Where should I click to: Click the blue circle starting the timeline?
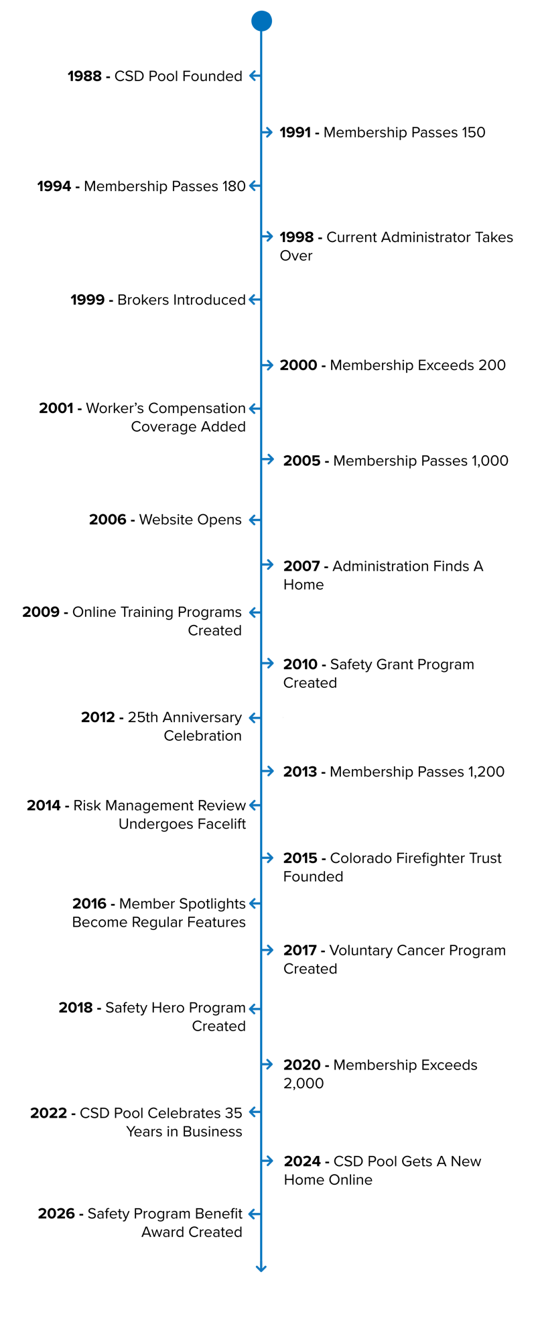pyautogui.click(x=261, y=21)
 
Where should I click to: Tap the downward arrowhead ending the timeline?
pyautogui.click(x=261, y=1267)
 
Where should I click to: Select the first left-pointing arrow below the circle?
pyautogui.click(x=255, y=76)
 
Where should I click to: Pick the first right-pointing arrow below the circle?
pyautogui.click(x=267, y=132)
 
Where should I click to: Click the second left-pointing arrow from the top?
pyautogui.click(x=255, y=186)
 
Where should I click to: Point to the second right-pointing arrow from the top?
pyautogui.click(x=267, y=236)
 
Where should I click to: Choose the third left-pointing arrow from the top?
pyautogui.click(x=255, y=299)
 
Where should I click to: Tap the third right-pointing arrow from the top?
pyautogui.click(x=267, y=365)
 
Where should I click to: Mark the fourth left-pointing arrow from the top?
pyautogui.click(x=255, y=408)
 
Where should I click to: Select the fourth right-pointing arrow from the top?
pyautogui.click(x=268, y=459)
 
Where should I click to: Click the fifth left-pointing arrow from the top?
pyautogui.click(x=255, y=520)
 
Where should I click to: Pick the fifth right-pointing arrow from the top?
pyautogui.click(x=268, y=565)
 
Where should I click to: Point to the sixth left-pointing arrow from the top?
pyautogui.click(x=255, y=612)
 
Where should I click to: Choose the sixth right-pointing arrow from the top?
pyautogui.click(x=268, y=663)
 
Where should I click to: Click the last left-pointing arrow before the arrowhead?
pyautogui.click(x=255, y=1214)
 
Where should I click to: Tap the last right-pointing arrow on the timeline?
pyautogui.click(x=267, y=1161)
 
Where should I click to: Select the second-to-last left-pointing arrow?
pyautogui.click(x=255, y=1112)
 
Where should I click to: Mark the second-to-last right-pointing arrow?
pyautogui.click(x=267, y=1064)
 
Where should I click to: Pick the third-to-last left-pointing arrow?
pyautogui.click(x=255, y=1008)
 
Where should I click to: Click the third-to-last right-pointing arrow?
pyautogui.click(x=267, y=950)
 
